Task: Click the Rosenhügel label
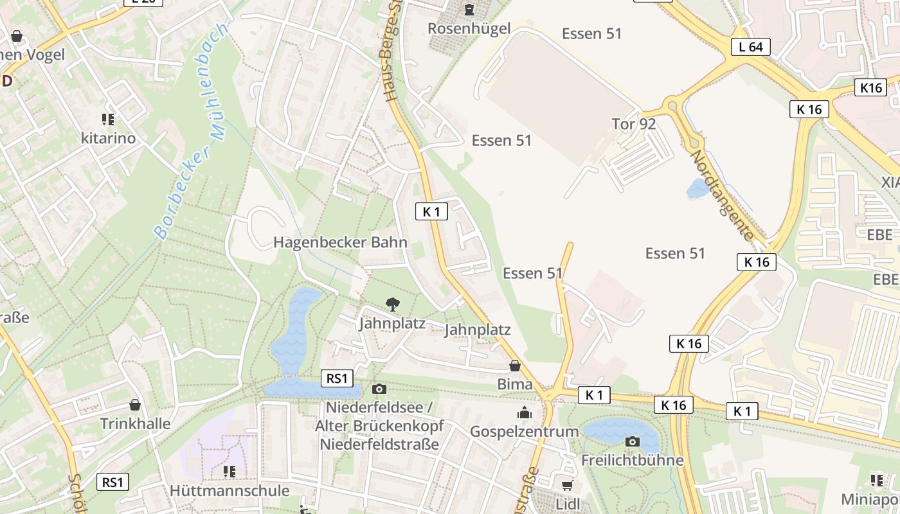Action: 469,28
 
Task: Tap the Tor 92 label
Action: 633,124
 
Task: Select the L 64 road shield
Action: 751,47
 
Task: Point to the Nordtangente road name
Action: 721,195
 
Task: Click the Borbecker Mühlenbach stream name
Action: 192,132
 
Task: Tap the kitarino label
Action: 108,138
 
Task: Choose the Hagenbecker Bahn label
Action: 340,242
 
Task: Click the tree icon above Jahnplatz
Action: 392,304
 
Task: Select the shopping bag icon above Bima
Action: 515,366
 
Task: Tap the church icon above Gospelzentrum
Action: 525,412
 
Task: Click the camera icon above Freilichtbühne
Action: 633,441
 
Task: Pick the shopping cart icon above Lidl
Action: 567,486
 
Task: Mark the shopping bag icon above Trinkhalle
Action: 135,405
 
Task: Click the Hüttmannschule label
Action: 230,490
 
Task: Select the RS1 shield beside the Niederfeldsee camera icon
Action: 337,378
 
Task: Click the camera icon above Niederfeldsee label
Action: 379,389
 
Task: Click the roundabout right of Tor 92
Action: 673,104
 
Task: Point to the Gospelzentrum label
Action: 525,431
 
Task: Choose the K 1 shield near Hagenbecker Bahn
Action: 431,211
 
